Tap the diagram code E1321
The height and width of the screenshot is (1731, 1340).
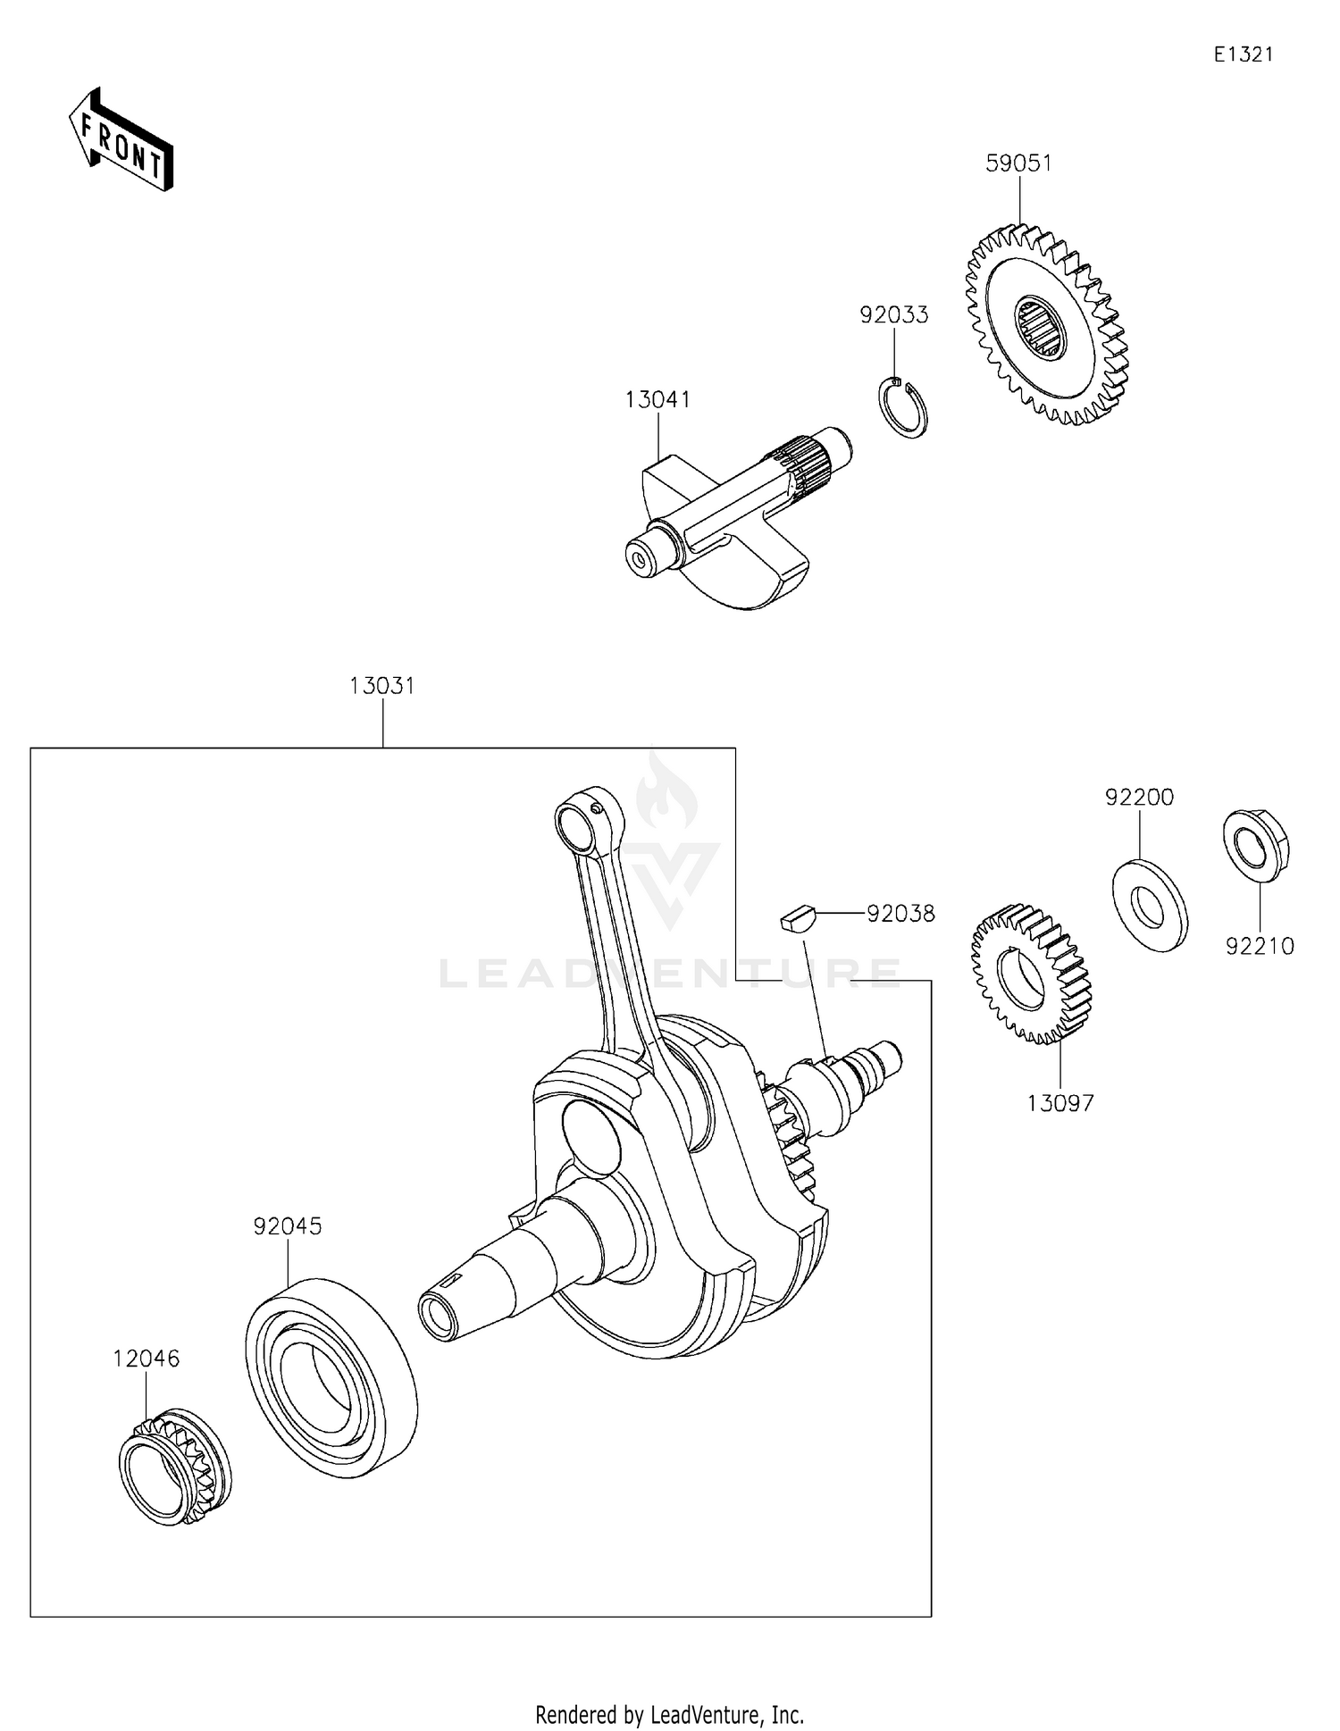click(1243, 54)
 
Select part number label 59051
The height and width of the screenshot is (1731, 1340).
click(1018, 163)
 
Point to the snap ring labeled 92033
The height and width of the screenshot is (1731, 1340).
click(900, 409)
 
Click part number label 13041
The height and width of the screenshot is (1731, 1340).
click(657, 399)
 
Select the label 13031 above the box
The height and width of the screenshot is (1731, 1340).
click(382, 686)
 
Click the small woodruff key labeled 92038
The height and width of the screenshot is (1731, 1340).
click(797, 918)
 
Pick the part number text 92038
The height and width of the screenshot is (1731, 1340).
click(900, 914)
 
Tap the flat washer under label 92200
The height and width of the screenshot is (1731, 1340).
click(1150, 905)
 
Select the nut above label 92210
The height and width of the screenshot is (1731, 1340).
click(1255, 844)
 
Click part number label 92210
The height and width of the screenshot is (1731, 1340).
click(1260, 947)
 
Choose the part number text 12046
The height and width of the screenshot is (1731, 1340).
click(147, 1359)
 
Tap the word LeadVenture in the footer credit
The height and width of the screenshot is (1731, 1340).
click(709, 1714)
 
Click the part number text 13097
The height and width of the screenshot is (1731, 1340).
click(1060, 1103)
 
